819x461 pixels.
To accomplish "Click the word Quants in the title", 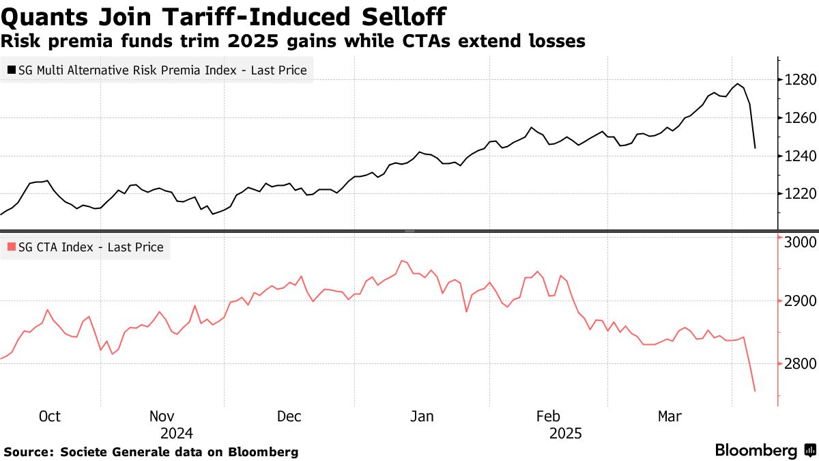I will coord(43,16).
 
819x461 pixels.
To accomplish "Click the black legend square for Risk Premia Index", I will coord(12,70).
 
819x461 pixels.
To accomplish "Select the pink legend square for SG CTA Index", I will coord(12,247).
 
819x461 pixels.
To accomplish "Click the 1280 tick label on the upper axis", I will coord(800,80).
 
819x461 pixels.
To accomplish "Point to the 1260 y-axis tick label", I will coord(800,118).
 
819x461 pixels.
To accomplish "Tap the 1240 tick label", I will coord(800,156).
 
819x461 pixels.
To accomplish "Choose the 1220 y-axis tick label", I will coord(800,194).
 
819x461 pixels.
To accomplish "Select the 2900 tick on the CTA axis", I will coord(800,301).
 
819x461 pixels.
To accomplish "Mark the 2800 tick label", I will coord(800,364).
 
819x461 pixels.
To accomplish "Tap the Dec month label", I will coord(289,417).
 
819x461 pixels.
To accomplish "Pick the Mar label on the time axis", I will coord(669,417).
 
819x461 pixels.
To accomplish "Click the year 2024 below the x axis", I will coord(176,433).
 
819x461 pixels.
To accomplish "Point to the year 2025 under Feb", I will coord(566,433).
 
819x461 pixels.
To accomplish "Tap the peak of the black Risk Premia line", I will coord(737,84).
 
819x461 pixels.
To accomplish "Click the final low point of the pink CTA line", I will coord(755,391).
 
